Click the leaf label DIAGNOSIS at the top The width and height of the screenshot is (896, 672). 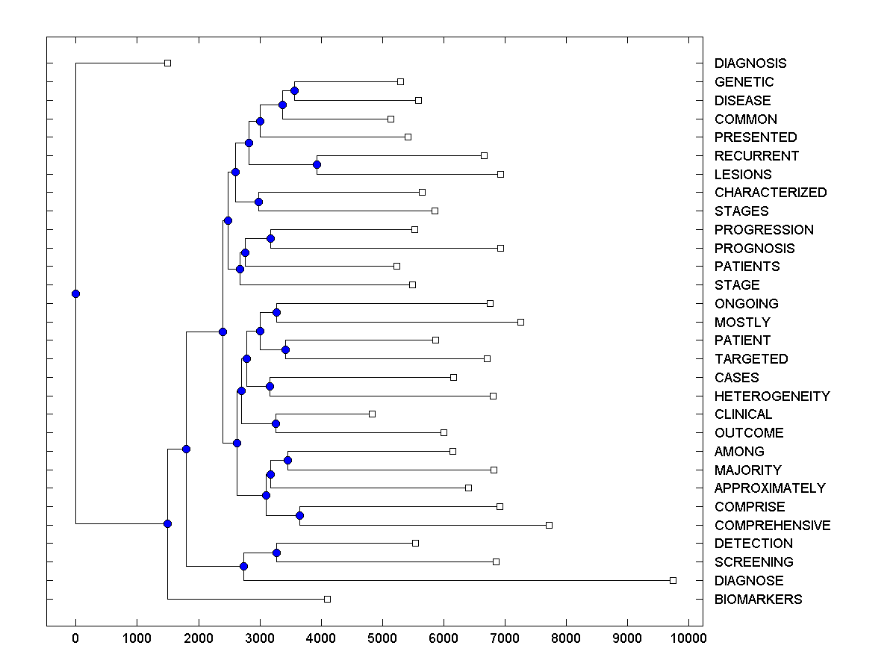click(750, 63)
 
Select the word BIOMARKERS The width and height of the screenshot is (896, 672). click(758, 600)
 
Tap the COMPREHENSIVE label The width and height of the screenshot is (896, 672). click(772, 526)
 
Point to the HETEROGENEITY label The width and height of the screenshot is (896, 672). click(772, 396)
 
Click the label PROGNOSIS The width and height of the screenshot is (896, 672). click(754, 249)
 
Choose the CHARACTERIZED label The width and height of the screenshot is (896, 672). click(771, 193)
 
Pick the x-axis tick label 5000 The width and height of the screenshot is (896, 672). click(382, 638)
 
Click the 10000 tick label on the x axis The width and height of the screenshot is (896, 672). click(688, 638)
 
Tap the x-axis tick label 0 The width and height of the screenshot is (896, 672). click(75, 638)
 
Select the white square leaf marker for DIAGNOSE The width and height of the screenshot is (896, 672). click(673, 580)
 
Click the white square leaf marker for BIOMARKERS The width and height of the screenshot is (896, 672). click(327, 599)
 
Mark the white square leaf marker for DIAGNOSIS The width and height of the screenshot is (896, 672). click(167, 63)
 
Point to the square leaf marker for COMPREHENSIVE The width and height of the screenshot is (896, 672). click(549, 525)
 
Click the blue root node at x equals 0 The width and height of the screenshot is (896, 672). click(75, 293)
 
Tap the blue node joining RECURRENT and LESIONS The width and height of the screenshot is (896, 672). click(317, 164)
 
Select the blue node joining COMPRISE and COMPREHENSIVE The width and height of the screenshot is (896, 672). click(299, 515)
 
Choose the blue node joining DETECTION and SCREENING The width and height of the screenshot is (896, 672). click(276, 553)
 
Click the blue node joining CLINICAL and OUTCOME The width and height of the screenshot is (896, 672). click(276, 423)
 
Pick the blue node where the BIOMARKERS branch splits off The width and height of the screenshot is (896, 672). click(167, 523)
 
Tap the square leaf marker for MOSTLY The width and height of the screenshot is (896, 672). click(520, 322)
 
